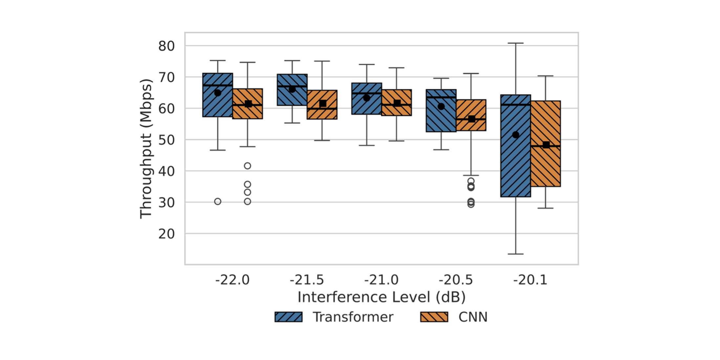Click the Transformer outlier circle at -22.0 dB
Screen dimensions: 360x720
[218, 201]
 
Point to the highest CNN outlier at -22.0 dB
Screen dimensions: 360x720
[247, 166]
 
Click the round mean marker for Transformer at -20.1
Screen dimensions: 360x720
[516, 135]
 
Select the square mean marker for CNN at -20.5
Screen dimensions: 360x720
[471, 119]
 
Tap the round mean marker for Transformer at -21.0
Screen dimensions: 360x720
[367, 98]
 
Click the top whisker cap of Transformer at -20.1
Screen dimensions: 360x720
[516, 43]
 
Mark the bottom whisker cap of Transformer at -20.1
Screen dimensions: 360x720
[516, 254]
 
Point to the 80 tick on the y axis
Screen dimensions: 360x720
[166, 46]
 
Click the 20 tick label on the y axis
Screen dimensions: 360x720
[166, 234]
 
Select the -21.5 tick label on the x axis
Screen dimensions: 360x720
[307, 280]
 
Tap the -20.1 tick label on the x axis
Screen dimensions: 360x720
[530, 280]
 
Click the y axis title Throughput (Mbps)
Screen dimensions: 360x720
[146, 148]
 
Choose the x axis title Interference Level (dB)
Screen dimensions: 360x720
[381, 297]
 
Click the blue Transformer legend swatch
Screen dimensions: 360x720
[288, 317]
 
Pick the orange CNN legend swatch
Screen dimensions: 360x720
[434, 317]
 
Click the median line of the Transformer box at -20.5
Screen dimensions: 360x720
[441, 97]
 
